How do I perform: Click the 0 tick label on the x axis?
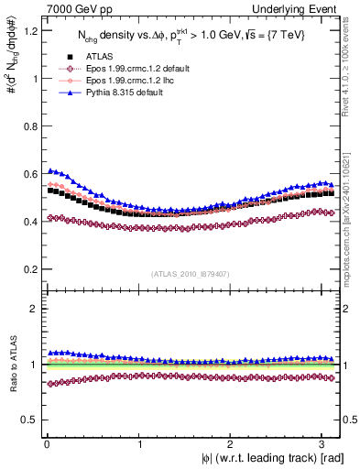pyautogui.click(x=45, y=443)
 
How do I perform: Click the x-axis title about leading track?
pyautogui.click(x=261, y=458)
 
